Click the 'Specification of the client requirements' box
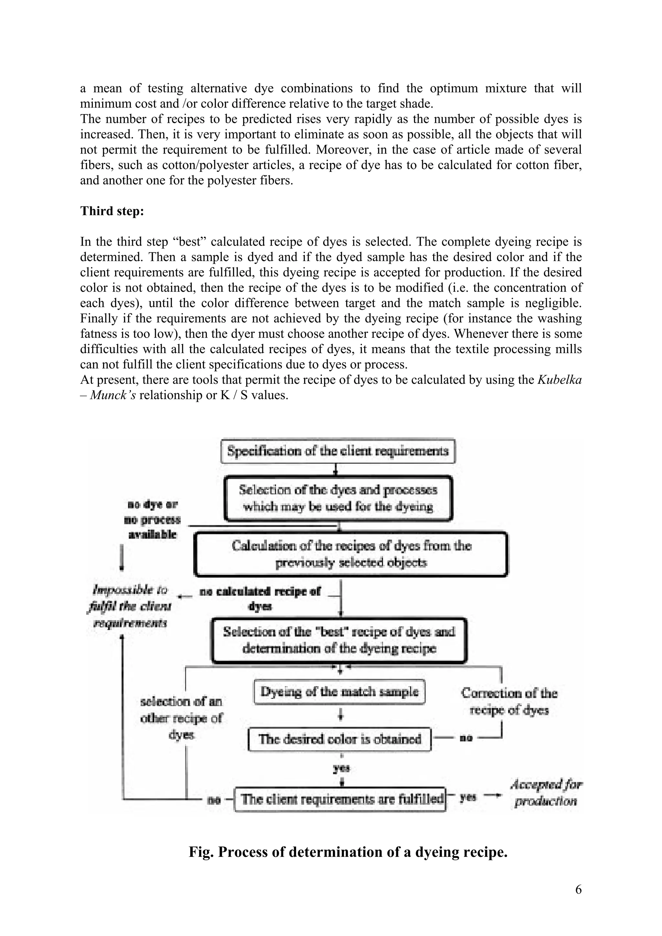[x=338, y=451]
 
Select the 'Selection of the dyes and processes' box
[x=338, y=498]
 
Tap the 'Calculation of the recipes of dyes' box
[x=351, y=554]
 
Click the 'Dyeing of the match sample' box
[x=339, y=692]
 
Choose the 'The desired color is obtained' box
[x=339, y=739]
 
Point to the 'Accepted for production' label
[x=546, y=793]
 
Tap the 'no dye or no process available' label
[x=152, y=520]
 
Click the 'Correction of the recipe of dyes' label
[x=509, y=701]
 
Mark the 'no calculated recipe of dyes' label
[x=260, y=598]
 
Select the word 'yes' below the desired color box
[x=342, y=768]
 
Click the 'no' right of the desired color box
[x=466, y=738]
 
